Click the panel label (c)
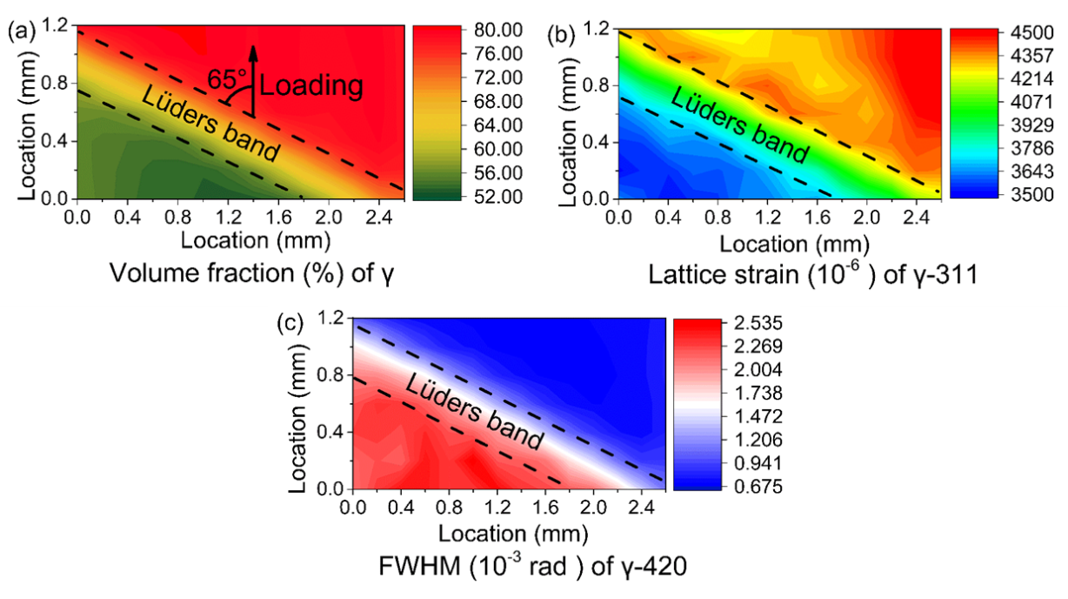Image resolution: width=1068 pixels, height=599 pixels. pyautogui.click(x=290, y=323)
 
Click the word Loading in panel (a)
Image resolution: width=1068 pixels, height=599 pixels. pyautogui.click(x=310, y=85)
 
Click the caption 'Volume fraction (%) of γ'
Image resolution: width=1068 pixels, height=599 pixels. pyautogui.click(x=246, y=275)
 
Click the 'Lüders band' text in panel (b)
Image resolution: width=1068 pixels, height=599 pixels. pyautogui.click(x=739, y=126)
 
